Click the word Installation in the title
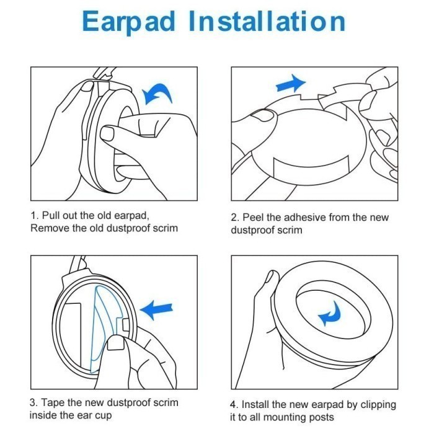(267, 21)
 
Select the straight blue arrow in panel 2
(291, 84)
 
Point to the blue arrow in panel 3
(156, 310)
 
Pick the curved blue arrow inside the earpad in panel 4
(330, 314)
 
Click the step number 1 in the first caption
(33, 215)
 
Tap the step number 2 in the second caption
(235, 218)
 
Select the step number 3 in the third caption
(33, 402)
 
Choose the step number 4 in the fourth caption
(234, 404)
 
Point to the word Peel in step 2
(253, 217)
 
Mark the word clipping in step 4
(378, 405)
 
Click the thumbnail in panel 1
(107, 134)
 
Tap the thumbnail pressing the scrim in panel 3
(115, 343)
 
